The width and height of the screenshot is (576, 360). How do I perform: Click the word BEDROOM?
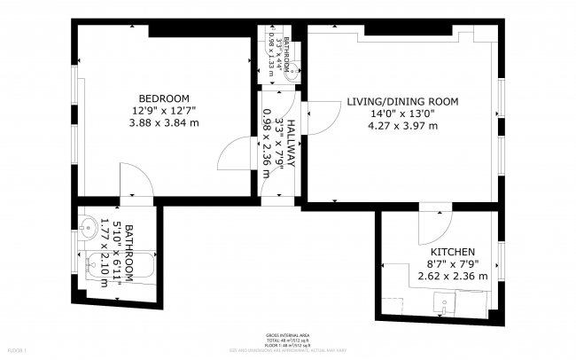(164, 98)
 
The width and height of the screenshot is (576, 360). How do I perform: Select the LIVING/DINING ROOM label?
(402, 102)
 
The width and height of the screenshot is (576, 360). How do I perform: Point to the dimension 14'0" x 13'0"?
(402, 113)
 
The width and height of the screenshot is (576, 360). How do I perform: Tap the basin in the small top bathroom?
(291, 74)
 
